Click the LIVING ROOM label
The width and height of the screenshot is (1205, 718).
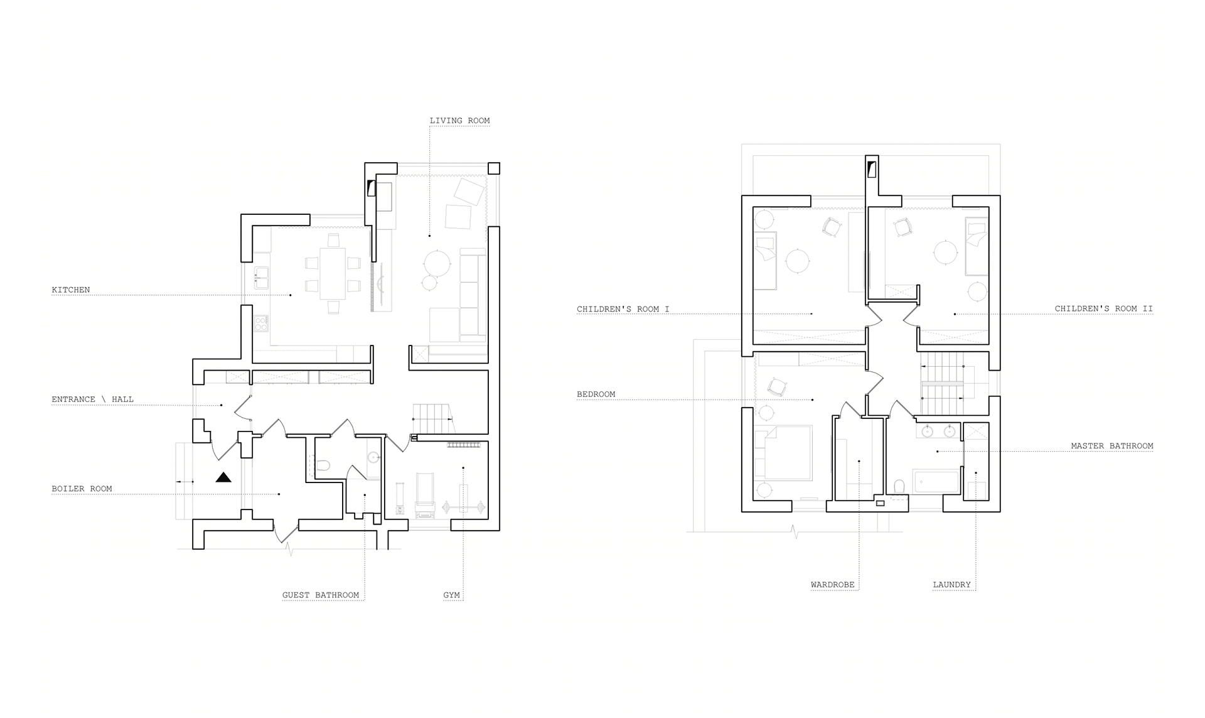click(459, 121)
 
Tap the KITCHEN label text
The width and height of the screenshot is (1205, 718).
click(71, 290)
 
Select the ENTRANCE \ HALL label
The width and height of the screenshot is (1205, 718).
click(92, 399)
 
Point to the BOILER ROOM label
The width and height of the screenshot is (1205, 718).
click(82, 488)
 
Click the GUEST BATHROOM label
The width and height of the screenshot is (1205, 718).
click(321, 595)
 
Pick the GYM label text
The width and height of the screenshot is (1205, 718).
click(451, 595)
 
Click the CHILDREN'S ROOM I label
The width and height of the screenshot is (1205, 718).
click(623, 309)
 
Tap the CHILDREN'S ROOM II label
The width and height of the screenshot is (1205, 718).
click(1103, 308)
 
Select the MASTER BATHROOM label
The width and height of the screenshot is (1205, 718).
click(1112, 446)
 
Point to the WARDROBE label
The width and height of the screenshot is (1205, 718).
click(832, 585)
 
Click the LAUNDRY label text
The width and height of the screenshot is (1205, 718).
click(951, 585)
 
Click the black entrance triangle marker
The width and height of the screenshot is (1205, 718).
click(223, 478)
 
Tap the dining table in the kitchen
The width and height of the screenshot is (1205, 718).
click(333, 273)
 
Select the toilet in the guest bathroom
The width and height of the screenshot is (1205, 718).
click(323, 465)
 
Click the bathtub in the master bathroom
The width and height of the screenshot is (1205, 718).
click(936, 482)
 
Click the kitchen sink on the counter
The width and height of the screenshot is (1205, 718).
click(261, 278)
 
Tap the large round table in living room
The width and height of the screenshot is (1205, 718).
click(436, 263)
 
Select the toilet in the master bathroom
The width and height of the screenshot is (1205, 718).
click(899, 487)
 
